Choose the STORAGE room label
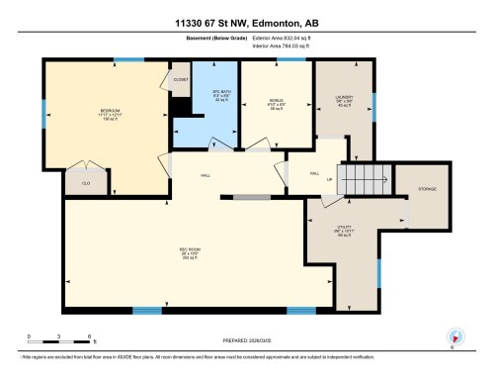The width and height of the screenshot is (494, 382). point(427,189)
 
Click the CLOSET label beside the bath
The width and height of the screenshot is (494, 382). point(180,80)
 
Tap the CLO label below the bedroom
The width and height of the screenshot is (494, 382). point(86,182)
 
